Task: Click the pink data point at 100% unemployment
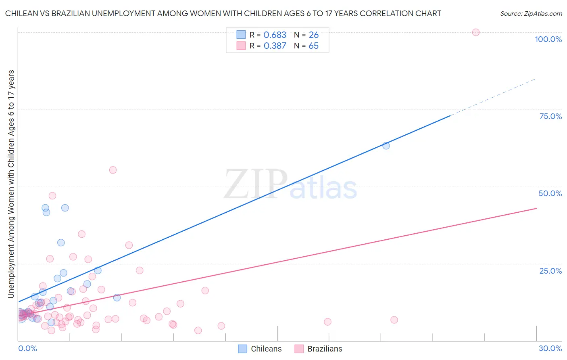coord(476,32)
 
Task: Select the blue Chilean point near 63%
coord(386,146)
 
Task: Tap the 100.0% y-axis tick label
coord(548,39)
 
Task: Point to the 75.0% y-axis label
coord(550,116)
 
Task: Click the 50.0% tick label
coord(550,193)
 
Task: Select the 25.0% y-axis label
coord(550,270)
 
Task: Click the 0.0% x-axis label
coord(27,348)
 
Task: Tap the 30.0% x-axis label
coord(550,348)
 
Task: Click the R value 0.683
coord(275,35)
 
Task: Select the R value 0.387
coord(275,46)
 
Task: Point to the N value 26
coord(314,35)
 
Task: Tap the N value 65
coord(314,46)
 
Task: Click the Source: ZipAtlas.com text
coord(531,14)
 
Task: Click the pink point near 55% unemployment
coord(113,170)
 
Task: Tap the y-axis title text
coord(11,184)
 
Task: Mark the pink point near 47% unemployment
coord(52,196)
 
